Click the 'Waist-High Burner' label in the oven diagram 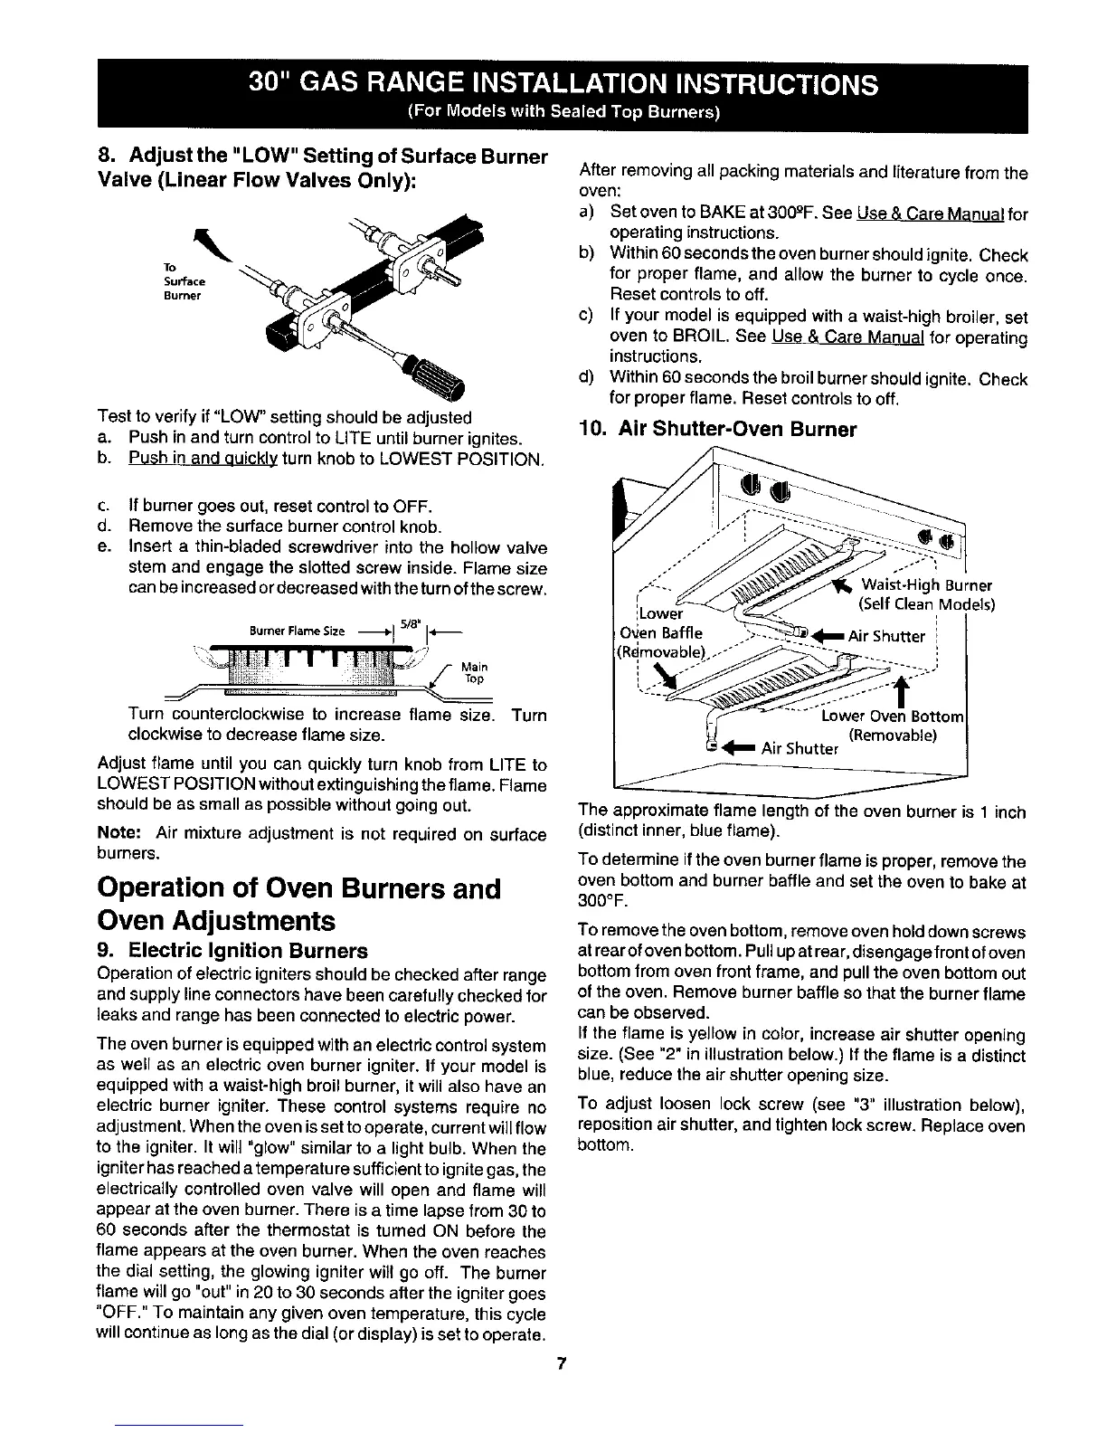[x=927, y=584]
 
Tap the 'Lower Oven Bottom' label [x=894, y=717]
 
